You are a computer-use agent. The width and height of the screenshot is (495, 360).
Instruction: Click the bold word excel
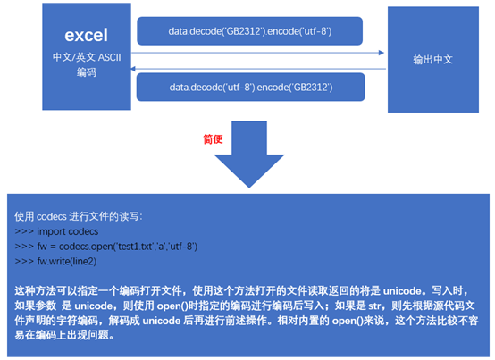click(x=86, y=36)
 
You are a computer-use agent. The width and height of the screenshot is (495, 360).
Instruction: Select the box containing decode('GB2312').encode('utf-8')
click(x=250, y=33)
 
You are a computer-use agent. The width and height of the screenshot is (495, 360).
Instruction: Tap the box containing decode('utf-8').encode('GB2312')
click(x=250, y=86)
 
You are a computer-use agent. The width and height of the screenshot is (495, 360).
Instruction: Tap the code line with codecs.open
click(x=106, y=246)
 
